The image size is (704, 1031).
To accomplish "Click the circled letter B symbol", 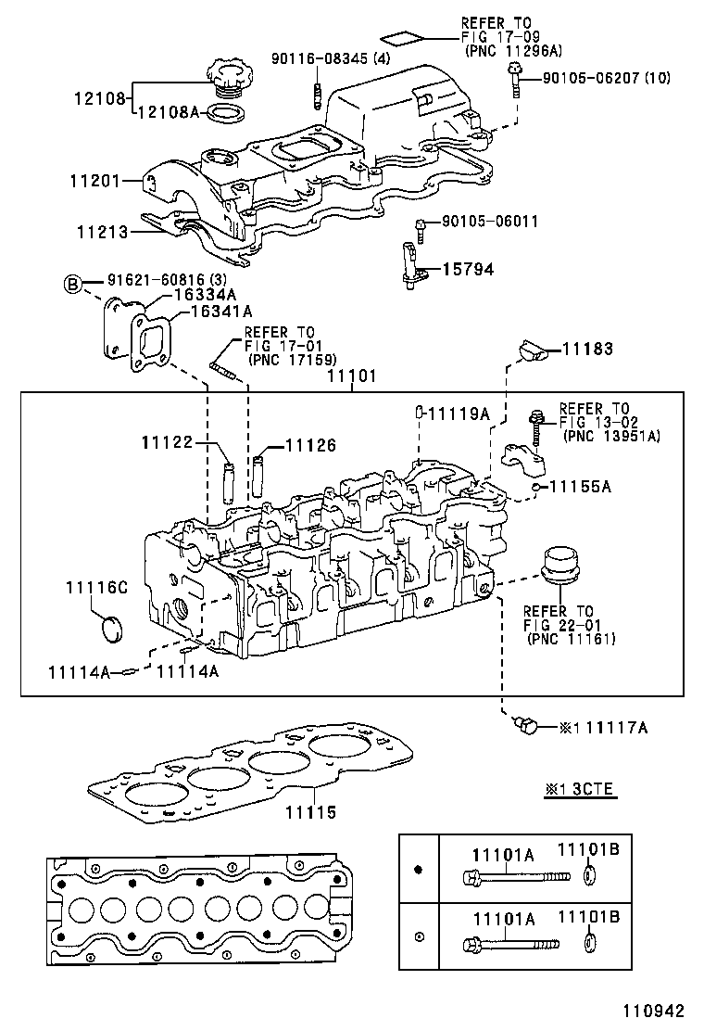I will pos(72,284).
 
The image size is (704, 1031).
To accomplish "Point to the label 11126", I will pos(311,446).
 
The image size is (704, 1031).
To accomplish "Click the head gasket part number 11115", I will pos(310,812).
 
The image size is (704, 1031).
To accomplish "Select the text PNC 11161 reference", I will pos(572,639).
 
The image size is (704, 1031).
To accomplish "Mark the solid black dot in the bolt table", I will pos(418,870).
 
